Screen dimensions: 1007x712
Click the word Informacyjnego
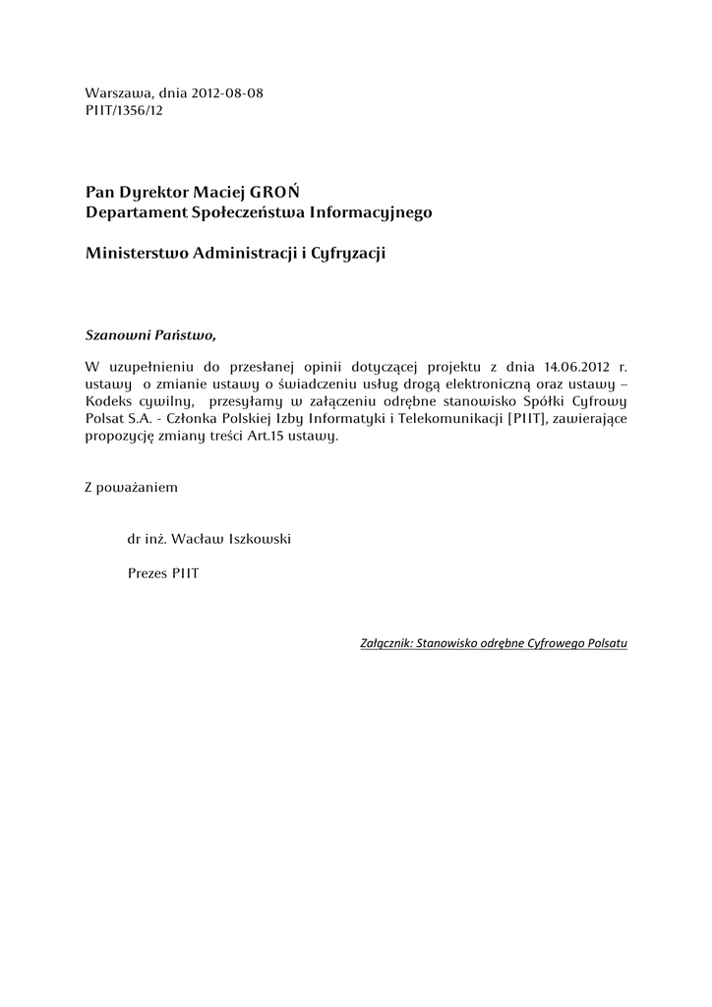[371, 211]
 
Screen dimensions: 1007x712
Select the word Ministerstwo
[138, 254]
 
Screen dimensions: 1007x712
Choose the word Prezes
[148, 572]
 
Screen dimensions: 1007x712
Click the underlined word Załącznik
[386, 644]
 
